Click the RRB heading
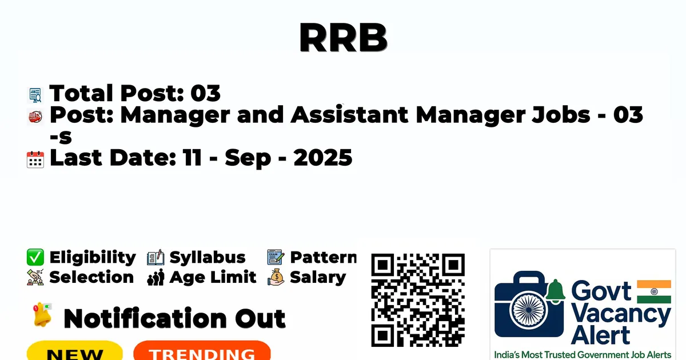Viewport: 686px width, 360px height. tap(344, 37)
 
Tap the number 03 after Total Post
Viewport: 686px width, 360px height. tap(205, 93)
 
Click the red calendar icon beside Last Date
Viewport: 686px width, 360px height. tap(35, 159)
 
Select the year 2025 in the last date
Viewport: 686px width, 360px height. tap(323, 158)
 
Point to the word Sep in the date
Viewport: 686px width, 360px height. tap(248, 159)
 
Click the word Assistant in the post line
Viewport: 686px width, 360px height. tap(349, 114)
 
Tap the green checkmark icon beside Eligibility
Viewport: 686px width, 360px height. tap(35, 257)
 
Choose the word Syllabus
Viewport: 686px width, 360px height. tap(208, 258)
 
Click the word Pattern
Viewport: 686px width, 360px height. tap(324, 257)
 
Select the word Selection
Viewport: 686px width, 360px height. tap(91, 277)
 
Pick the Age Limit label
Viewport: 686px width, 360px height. tap(213, 278)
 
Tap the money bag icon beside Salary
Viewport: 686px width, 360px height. tap(276, 277)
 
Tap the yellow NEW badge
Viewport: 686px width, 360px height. tap(75, 351)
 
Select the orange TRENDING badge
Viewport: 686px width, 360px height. tap(202, 351)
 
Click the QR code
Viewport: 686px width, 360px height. tap(418, 301)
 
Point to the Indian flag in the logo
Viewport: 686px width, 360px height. tap(654, 292)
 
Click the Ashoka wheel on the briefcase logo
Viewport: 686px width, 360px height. tap(529, 310)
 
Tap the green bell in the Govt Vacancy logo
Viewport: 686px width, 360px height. tap(555, 291)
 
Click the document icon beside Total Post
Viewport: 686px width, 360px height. tap(35, 95)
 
